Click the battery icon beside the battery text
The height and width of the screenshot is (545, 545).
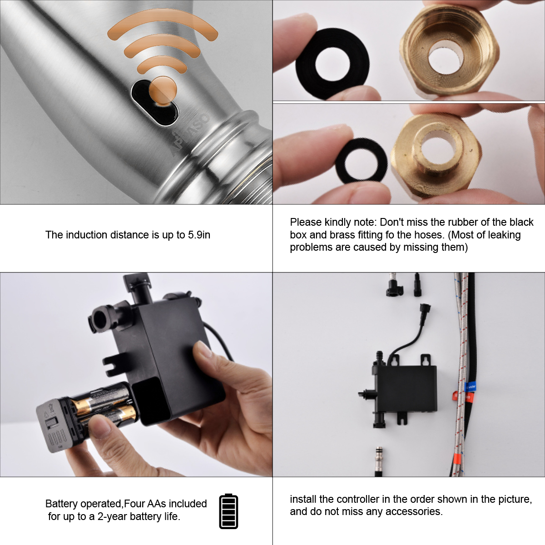coord(228,511)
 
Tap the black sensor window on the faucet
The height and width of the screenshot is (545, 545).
coord(155,103)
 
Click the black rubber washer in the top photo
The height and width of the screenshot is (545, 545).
coord(332,64)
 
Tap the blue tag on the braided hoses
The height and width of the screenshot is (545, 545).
coord(471,387)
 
